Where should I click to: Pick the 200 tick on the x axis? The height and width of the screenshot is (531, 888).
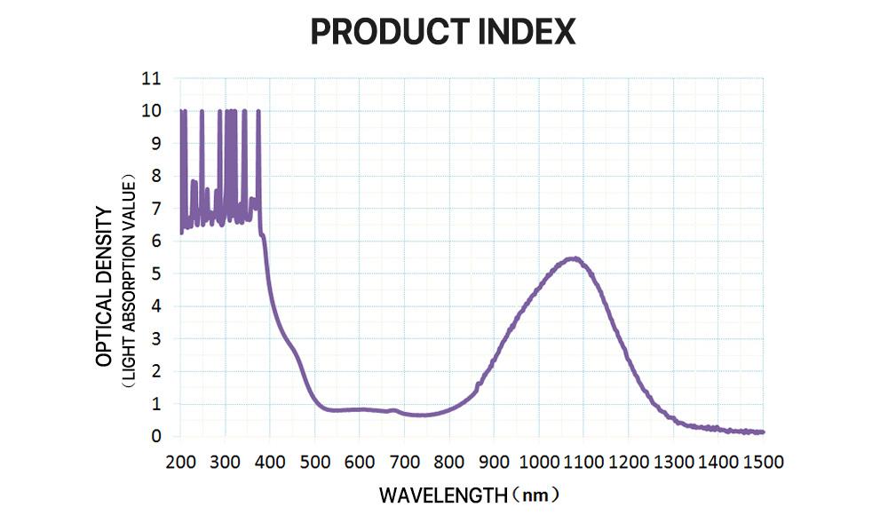point(180,461)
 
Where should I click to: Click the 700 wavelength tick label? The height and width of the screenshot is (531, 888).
point(404,461)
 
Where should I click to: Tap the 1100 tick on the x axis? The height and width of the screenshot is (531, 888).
point(583,461)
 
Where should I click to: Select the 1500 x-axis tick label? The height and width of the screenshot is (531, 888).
point(762,461)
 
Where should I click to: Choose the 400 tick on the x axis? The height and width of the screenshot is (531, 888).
point(270,461)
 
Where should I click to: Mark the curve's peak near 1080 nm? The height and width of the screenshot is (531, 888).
point(575,258)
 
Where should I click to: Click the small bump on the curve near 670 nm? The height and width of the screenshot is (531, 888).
point(392,409)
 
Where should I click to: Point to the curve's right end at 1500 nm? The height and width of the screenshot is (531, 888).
point(761,432)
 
